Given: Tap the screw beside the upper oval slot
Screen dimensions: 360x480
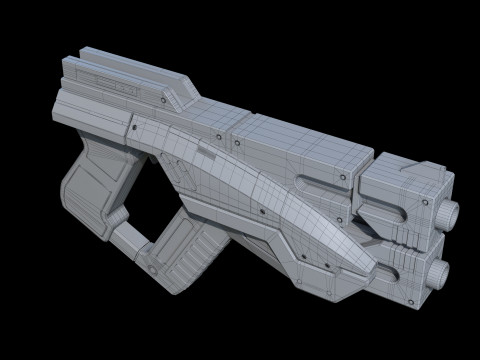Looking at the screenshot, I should tap(341, 177).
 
